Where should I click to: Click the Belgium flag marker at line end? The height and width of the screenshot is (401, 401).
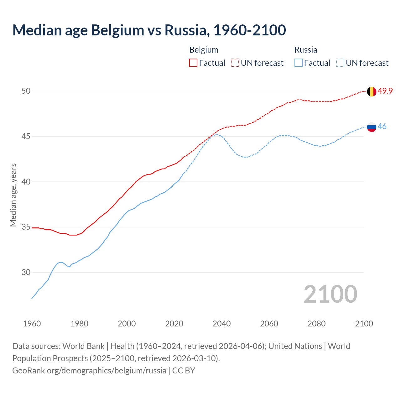pos(371,91)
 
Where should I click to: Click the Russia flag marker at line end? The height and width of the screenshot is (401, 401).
pos(371,127)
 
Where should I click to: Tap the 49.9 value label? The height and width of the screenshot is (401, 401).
pos(385,91)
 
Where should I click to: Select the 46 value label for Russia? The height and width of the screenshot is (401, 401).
pos(382,126)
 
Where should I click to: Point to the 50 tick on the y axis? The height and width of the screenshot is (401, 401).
pos(26,91)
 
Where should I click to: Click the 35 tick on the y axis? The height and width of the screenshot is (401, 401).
pos(26,227)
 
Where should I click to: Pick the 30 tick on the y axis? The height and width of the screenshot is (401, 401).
pos(26,272)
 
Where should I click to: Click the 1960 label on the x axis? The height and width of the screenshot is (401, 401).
pos(32,324)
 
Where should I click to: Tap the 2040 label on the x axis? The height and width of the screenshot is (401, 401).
pos(221,324)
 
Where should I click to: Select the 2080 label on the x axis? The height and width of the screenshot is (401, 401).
pos(316,324)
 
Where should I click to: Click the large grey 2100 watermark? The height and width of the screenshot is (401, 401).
pos(330,294)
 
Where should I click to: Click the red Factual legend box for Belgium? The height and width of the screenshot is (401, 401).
pos(193,63)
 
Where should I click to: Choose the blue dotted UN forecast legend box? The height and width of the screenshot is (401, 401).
pos(340,63)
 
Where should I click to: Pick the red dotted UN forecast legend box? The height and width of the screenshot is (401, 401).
pos(235,63)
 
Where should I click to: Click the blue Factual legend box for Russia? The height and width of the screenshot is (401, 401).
pos(299,63)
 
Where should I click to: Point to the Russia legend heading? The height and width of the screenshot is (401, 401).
pos(306,50)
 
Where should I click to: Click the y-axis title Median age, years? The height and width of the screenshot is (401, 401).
pos(13,195)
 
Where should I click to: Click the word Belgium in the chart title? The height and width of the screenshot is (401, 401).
pos(117,30)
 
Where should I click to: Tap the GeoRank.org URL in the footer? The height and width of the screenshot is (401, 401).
pos(89,370)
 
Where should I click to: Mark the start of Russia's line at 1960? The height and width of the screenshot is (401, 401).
pos(32,298)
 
